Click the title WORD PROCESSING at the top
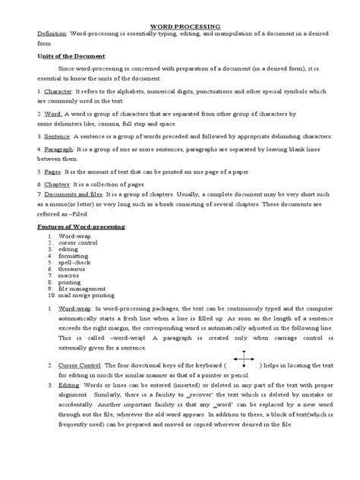[x=181, y=25]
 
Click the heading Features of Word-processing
[x=82, y=227]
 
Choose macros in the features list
[x=69, y=275]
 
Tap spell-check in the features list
[x=74, y=261]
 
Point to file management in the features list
[x=83, y=289]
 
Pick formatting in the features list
[x=74, y=254]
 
